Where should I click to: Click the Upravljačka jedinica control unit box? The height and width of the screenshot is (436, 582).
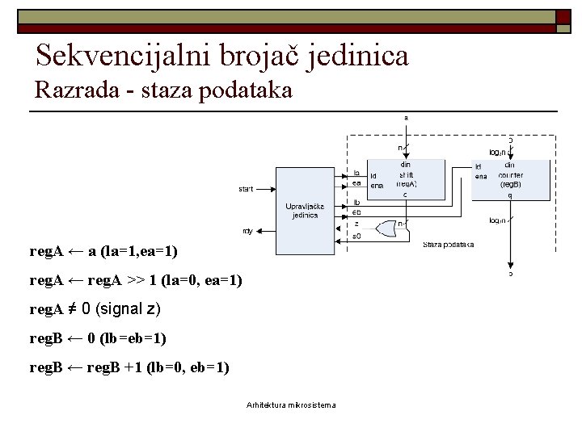point(305,210)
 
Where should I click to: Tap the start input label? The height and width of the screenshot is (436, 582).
point(246,189)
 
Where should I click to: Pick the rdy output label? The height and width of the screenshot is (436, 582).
point(247,231)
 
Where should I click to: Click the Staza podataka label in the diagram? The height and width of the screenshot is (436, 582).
point(449,244)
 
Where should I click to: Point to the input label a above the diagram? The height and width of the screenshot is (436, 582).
point(406,117)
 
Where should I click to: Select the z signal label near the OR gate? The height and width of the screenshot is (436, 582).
point(356,223)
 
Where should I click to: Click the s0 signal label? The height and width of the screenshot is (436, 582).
point(357,237)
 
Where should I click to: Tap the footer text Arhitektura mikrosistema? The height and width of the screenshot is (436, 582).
point(291,405)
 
